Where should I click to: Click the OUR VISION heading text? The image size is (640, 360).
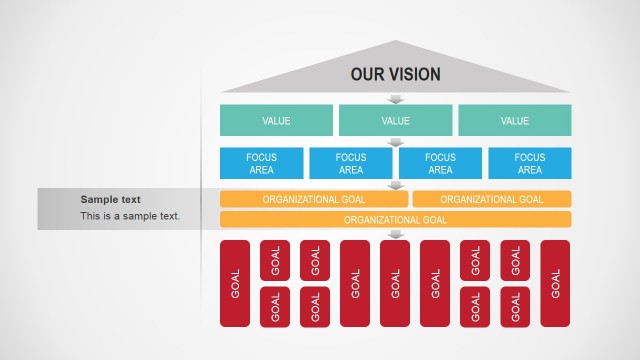[x=395, y=75]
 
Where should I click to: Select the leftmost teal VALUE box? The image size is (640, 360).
[x=276, y=121]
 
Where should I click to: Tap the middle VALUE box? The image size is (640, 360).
[x=395, y=121]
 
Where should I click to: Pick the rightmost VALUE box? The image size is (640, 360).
[x=514, y=121]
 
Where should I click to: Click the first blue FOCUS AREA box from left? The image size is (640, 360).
[x=261, y=163]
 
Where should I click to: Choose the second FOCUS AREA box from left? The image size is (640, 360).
[x=351, y=163]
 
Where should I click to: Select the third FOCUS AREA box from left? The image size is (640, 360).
[x=440, y=163]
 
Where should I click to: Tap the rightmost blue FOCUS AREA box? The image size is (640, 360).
[x=529, y=163]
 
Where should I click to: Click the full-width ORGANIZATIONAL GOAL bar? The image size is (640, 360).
[x=395, y=219]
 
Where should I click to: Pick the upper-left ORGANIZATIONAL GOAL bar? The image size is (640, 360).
[x=314, y=199]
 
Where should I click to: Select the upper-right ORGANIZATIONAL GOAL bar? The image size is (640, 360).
[x=491, y=199]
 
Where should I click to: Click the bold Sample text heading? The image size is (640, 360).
[x=110, y=200]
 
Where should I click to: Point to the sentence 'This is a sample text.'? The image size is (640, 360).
[x=130, y=216]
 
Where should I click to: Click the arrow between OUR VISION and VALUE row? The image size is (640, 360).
[x=396, y=99]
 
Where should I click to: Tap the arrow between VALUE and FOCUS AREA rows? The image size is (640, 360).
[x=396, y=142]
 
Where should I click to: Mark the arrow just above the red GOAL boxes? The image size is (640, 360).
[x=396, y=234]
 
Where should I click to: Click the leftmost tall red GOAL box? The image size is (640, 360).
[x=235, y=283]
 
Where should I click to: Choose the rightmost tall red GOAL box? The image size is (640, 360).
[x=555, y=283]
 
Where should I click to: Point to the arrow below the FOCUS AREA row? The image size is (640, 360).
[x=396, y=184]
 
